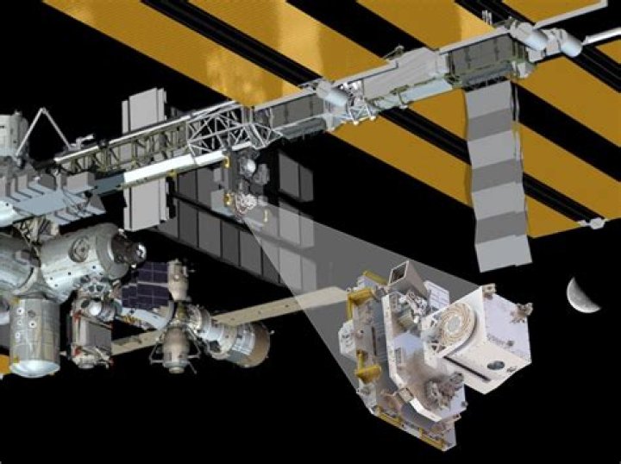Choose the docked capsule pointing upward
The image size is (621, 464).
coord(178,279)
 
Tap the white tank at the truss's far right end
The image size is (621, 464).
coord(552,38)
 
